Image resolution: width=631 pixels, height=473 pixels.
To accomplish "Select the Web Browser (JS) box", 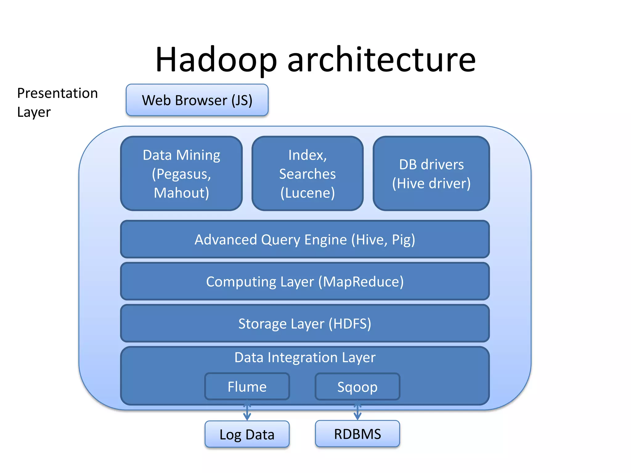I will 197,100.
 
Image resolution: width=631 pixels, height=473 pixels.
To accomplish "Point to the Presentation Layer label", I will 57,103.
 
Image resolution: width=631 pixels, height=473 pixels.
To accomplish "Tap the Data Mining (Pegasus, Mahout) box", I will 181,173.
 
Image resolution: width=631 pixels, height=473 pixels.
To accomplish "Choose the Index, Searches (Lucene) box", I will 307,173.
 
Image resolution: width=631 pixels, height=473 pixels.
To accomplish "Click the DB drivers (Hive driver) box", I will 431,173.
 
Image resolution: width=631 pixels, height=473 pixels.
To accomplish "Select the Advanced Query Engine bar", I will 305,239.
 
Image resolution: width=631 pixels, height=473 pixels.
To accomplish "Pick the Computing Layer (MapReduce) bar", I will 305,281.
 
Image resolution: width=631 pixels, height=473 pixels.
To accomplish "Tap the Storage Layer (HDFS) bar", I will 305,323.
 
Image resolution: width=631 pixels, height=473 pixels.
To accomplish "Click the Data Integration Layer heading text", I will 305,358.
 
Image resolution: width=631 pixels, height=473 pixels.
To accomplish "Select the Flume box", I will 247,386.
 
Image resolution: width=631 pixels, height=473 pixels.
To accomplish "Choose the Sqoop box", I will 357,386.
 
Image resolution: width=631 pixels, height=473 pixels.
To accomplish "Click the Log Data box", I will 247,434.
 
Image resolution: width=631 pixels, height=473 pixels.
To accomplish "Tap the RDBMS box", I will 357,434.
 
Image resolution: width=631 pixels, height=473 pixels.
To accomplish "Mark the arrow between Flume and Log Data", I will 247,411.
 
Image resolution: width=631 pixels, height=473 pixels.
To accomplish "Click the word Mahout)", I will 181,193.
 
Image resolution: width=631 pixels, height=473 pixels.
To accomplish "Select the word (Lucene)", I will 307,193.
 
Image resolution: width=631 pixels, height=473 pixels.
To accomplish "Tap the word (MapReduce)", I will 361,281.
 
